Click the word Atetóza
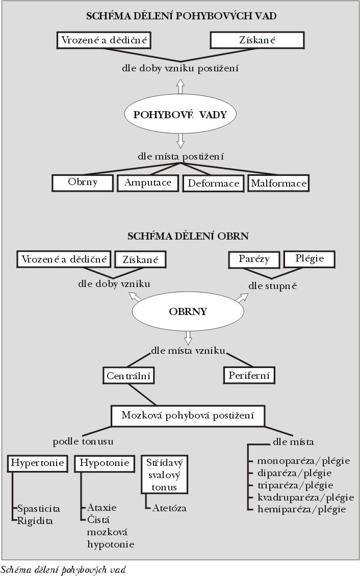click(x=169, y=508)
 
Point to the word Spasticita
click(x=39, y=509)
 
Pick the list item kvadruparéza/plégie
click(x=305, y=498)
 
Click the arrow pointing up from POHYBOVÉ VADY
click(x=180, y=87)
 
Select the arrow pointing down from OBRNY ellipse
click(x=188, y=338)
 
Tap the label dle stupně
click(x=273, y=286)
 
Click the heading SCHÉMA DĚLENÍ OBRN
click(x=188, y=236)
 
